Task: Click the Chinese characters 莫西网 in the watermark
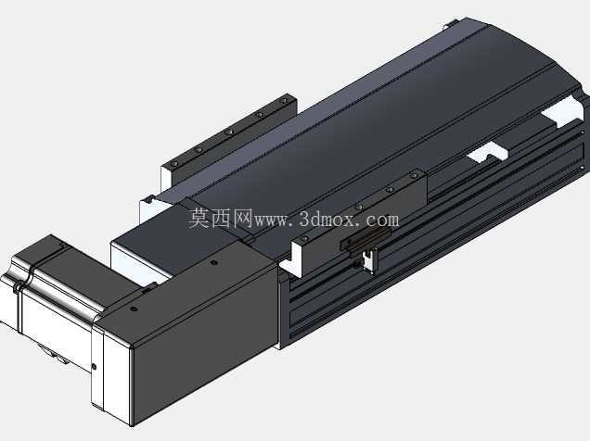coord(220,219)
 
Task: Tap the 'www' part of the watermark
coord(271,220)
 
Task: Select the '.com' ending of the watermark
coord(379,220)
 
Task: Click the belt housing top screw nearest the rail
coord(214,262)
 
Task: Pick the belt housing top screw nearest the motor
coord(134,309)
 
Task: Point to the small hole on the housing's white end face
coord(94,367)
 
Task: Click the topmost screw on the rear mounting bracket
coord(284,101)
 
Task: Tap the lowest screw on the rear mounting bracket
coord(173,165)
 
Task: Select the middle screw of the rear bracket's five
coord(228,132)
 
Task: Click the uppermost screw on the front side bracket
coord(414,175)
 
